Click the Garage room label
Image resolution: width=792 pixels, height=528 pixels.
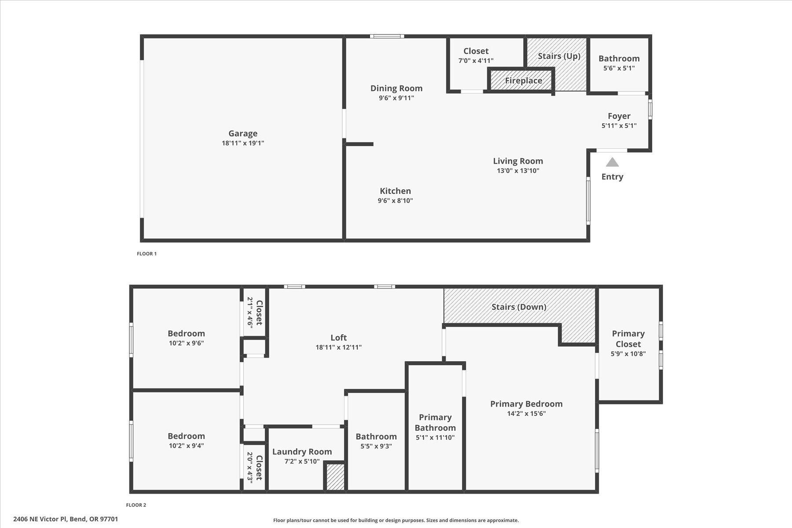tap(243, 133)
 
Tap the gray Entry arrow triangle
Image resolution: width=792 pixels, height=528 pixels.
tap(612, 162)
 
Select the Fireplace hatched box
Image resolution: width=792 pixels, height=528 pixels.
tap(523, 81)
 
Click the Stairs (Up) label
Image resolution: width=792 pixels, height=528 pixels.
tap(559, 56)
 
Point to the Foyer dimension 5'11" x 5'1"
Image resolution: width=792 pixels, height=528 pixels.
tap(619, 125)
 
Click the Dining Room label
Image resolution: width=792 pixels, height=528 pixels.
tap(396, 88)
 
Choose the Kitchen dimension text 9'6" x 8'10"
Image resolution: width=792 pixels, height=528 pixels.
tap(395, 201)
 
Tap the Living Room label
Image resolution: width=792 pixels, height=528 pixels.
tap(517, 161)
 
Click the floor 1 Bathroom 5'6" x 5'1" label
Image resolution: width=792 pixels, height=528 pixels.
tap(619, 59)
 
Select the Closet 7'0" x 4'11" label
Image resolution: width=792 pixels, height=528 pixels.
tap(476, 51)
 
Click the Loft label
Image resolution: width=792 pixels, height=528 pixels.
tap(338, 337)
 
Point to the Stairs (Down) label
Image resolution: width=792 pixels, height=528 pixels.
tap(518, 307)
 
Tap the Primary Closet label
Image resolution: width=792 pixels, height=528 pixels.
tap(628, 339)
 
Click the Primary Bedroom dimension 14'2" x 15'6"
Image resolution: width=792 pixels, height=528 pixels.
tap(526, 414)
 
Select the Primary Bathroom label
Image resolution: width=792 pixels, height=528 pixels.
tap(435, 422)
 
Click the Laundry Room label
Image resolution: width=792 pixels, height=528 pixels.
tap(302, 452)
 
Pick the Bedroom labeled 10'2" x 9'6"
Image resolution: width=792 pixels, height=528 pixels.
tap(186, 334)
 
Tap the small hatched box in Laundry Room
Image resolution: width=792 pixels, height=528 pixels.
tap(335, 477)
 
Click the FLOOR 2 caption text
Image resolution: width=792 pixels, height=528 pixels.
tap(136, 505)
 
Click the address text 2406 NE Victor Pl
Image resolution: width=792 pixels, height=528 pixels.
tap(66, 519)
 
